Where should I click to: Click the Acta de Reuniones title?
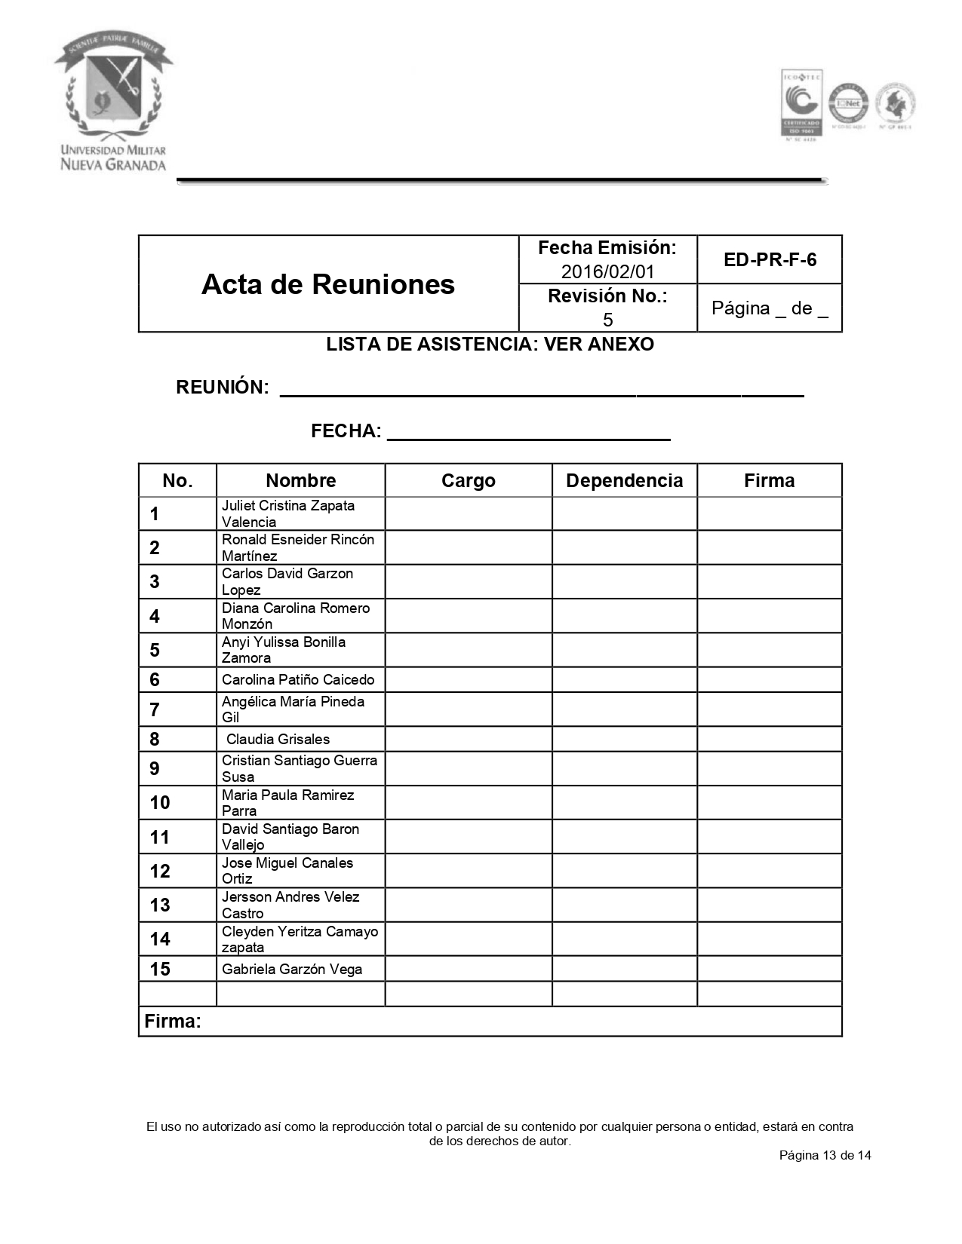(x=328, y=284)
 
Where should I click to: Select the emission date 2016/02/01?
(x=607, y=271)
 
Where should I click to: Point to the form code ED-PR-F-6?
(x=770, y=260)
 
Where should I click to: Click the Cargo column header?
(x=468, y=481)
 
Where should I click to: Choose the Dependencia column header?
(x=624, y=481)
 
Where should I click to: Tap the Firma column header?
(x=769, y=481)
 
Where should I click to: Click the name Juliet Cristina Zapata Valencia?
(x=287, y=513)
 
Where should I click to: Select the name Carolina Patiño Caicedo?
(x=298, y=680)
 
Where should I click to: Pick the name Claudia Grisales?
(x=278, y=740)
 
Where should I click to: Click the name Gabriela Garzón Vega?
(x=292, y=970)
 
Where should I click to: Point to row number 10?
(x=160, y=803)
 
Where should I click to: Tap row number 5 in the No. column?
(x=155, y=650)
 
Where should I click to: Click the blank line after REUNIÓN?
(x=541, y=389)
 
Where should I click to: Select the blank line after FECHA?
(x=528, y=433)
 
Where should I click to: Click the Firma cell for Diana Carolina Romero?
(x=769, y=616)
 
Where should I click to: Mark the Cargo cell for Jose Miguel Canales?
(x=468, y=871)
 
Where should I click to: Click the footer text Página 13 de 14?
(x=825, y=1155)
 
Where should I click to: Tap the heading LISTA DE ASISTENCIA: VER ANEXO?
(x=490, y=345)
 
